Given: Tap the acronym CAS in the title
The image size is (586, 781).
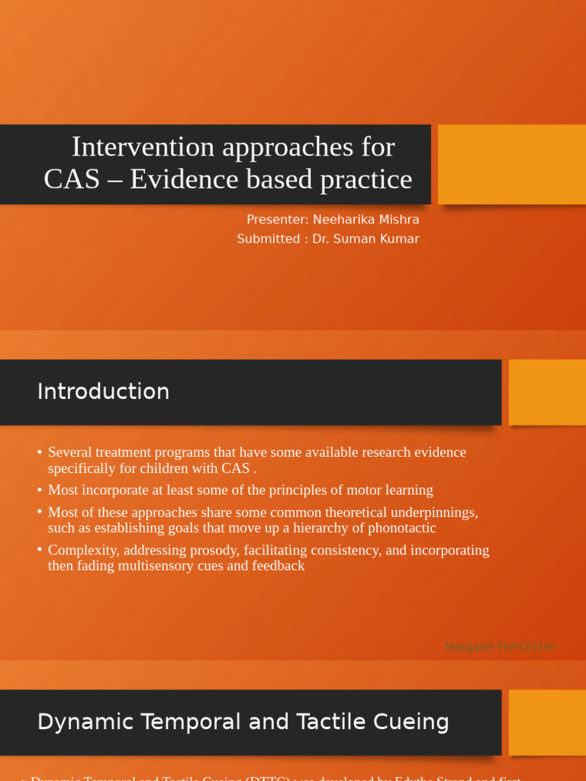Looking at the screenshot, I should point(72,179).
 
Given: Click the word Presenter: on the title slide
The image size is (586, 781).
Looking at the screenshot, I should point(277,220).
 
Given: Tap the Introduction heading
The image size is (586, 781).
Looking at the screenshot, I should point(103,391).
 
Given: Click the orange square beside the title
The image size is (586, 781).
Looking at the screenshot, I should point(511,164).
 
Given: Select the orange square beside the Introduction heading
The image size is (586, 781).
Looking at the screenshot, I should point(546,392).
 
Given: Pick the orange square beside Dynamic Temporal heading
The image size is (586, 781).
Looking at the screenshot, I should point(546,722).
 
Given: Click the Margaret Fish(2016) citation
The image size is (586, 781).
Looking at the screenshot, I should point(500,647).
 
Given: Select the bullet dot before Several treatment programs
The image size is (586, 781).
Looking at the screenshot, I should point(40,453).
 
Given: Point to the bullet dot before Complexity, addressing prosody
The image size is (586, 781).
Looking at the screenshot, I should point(40,551).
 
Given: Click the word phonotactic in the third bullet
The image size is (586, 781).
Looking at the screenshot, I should point(399,528).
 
